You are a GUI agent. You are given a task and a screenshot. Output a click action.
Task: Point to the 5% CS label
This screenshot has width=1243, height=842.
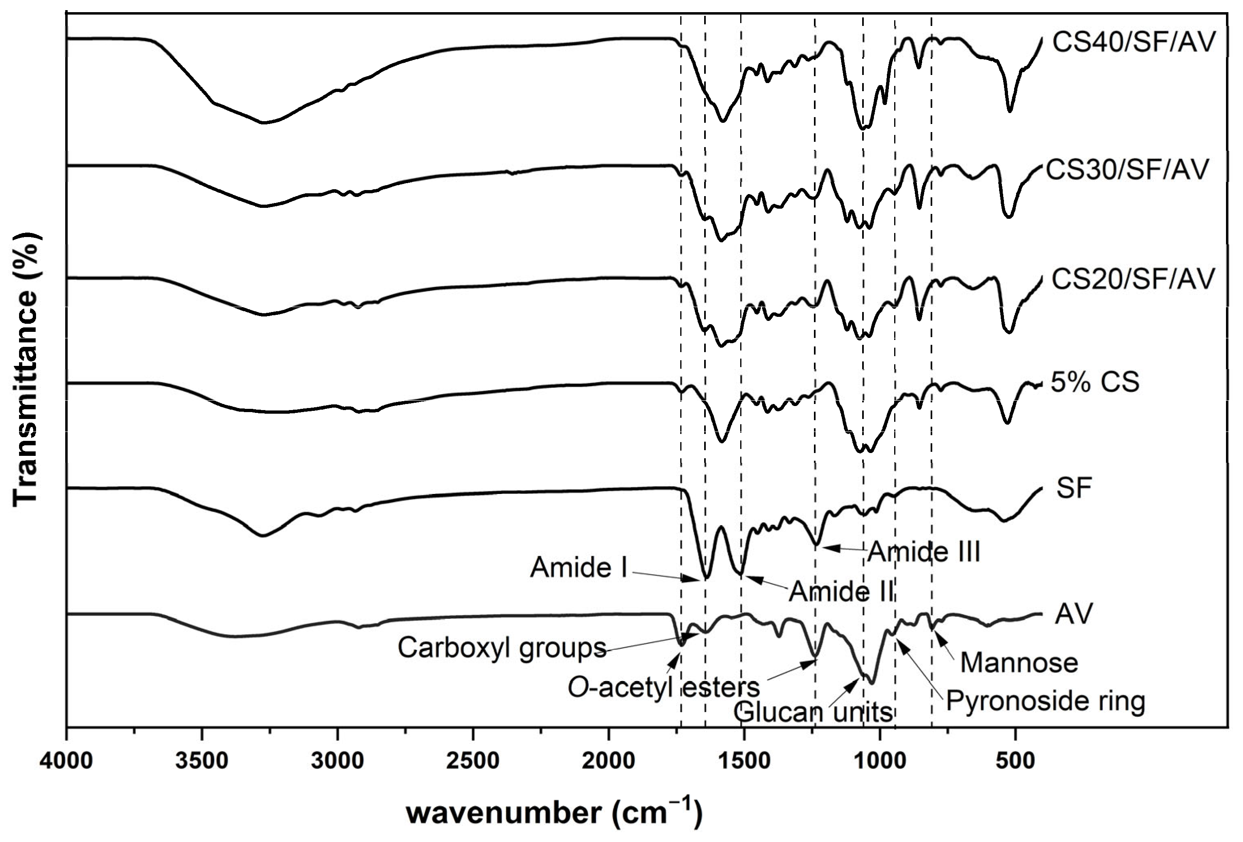1094,383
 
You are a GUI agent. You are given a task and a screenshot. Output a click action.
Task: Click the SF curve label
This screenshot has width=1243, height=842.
1074,488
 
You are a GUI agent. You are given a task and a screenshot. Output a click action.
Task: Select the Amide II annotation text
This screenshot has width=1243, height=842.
842,592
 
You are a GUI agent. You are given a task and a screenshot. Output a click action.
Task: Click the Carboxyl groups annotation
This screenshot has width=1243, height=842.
502,648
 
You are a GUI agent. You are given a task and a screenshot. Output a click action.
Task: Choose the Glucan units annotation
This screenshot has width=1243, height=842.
813,712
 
